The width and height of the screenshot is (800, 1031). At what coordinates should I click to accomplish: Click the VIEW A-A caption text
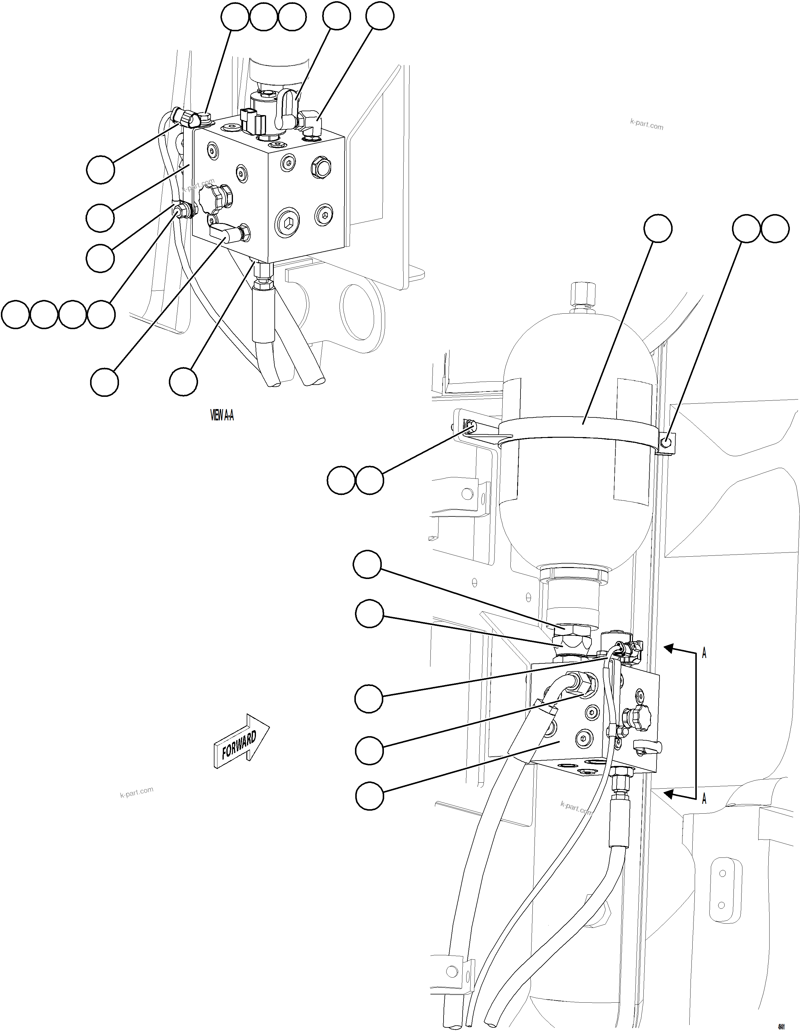tap(222, 415)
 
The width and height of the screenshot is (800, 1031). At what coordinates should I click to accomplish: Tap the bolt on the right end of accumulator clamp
tap(666, 442)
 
